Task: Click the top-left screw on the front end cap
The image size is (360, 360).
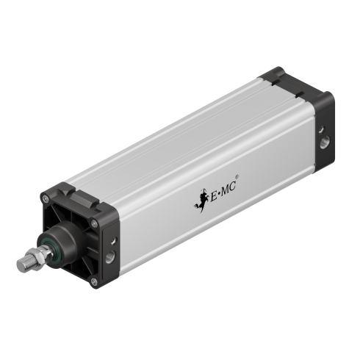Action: click(x=45, y=198)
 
